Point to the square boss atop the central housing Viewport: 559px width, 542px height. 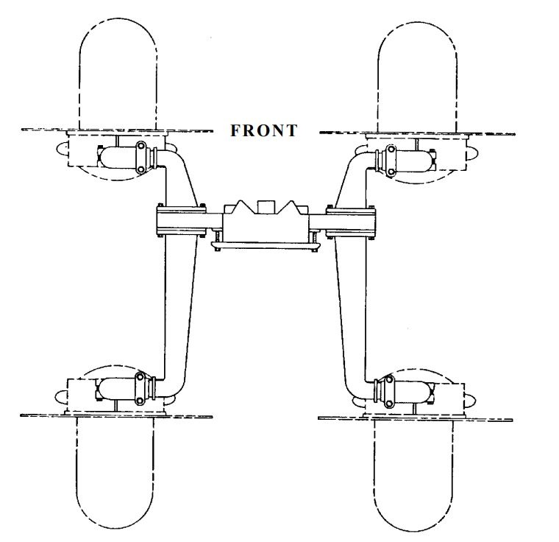[x=265, y=204]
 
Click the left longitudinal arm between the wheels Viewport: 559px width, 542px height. [x=177, y=309]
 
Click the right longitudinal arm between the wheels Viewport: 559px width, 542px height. [x=352, y=309]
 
